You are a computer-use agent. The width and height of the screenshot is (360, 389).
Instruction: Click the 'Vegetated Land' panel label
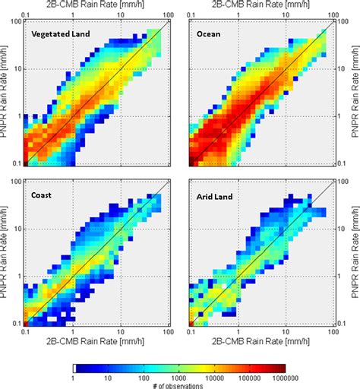[x=62, y=35]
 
